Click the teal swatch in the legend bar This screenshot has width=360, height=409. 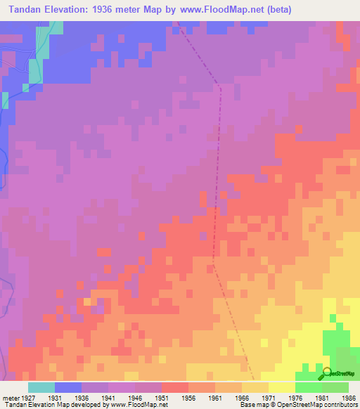(x=41, y=387)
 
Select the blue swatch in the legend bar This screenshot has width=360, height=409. (x=68, y=387)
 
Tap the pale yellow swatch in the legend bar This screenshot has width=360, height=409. (x=282, y=387)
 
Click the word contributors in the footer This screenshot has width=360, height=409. (x=339, y=405)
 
